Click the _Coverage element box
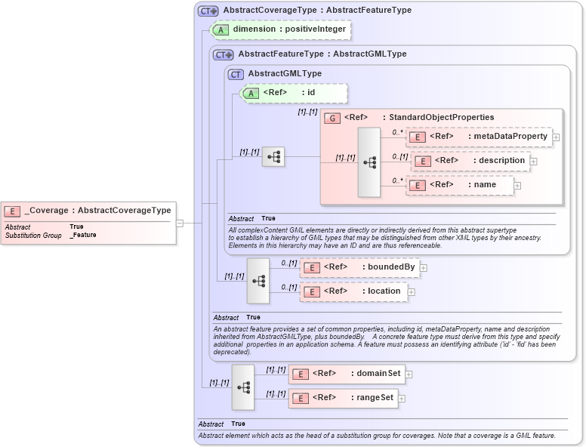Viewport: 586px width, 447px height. [x=88, y=211]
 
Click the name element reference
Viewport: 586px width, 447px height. [x=460, y=185]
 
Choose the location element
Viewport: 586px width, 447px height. [x=353, y=291]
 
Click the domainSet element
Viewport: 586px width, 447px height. [x=347, y=374]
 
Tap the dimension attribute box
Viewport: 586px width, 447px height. [x=281, y=29]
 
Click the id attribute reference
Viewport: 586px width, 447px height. [x=294, y=93]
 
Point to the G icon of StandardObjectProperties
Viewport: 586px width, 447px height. [x=332, y=118]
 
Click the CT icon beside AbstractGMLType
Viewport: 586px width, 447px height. [x=236, y=74]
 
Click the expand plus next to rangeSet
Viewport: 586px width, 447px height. [x=402, y=399]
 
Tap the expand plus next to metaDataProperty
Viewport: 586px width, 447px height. [x=556, y=137]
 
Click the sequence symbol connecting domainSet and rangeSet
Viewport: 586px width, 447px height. [x=243, y=387]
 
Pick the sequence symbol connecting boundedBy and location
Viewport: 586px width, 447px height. [x=258, y=280]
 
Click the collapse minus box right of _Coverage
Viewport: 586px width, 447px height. [x=180, y=223]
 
